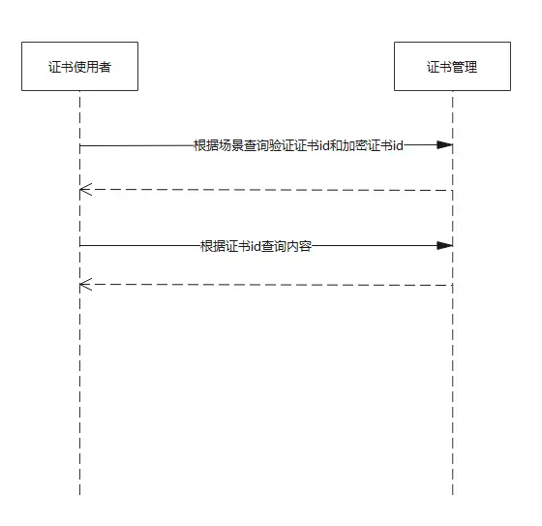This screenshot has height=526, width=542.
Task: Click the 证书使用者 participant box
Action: pos(79,66)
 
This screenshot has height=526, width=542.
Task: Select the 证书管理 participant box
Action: pos(452,66)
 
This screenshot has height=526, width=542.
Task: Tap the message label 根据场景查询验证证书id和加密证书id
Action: pos(298,145)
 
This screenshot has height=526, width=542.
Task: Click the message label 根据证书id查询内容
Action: pos(256,246)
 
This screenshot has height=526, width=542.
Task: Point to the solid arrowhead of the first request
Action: pos(445,145)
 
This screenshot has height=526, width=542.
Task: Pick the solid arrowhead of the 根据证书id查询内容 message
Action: pos(445,246)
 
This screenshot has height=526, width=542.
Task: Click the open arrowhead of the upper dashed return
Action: pos(85,190)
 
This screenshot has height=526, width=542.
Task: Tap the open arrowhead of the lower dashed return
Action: pos(85,285)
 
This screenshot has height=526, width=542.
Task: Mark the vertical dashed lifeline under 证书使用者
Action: pos(80,387)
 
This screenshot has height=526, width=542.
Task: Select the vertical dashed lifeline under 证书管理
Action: pos(452,387)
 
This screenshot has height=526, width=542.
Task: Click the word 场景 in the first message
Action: pos(228,145)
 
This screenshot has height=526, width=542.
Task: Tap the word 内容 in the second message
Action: pos(299,246)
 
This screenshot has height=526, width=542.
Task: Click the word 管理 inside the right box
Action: pos(465,66)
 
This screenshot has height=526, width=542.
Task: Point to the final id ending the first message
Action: pos(397,145)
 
